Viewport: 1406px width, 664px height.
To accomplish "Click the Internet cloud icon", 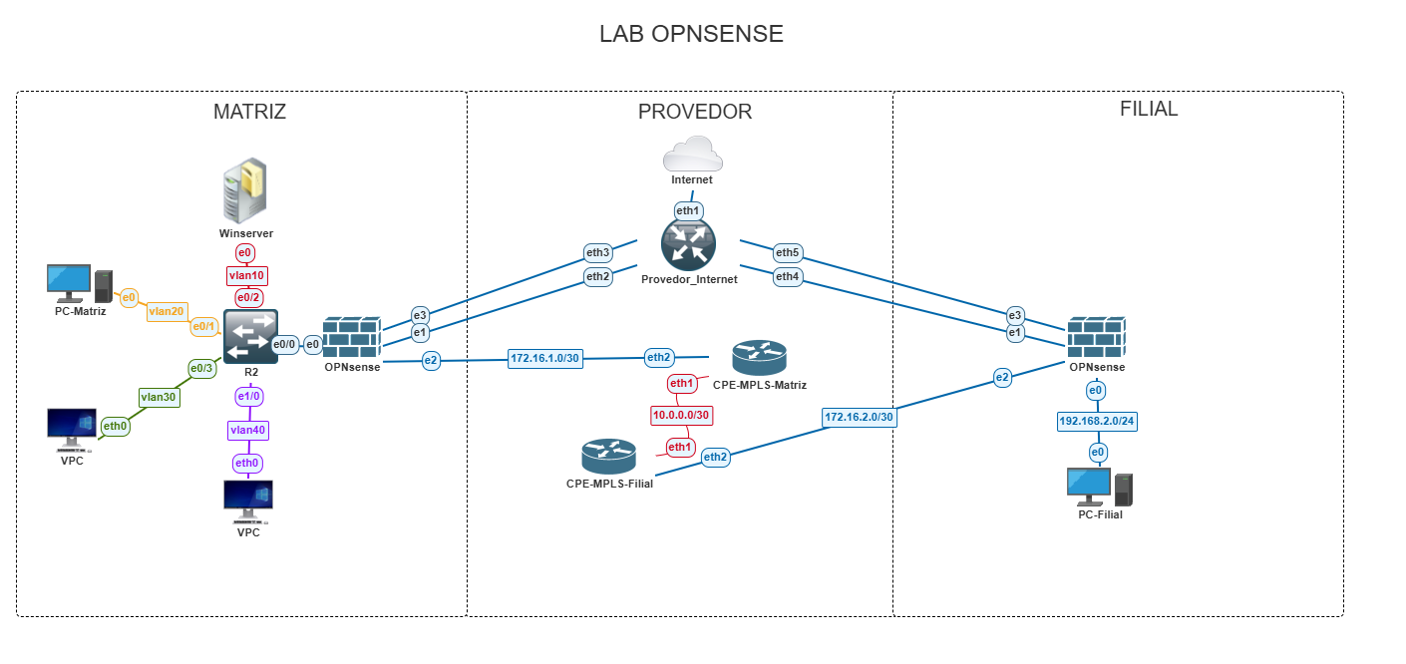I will point(692,154).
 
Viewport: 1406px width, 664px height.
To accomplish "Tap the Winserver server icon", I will point(245,190).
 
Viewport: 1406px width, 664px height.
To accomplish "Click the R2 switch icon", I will point(250,337).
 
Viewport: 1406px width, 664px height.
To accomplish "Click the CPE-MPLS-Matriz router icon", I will point(759,357).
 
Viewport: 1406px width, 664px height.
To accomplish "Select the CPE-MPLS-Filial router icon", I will point(608,457).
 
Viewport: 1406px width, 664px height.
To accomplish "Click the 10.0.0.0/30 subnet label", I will point(681,415).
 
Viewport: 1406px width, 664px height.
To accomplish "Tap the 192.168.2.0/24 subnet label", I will point(1097,421).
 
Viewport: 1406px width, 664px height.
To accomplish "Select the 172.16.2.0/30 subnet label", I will point(859,417).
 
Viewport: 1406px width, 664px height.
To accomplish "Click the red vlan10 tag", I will point(247,276).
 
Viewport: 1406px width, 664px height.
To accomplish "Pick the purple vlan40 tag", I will point(247,430).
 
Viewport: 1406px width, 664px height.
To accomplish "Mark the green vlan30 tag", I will point(159,397).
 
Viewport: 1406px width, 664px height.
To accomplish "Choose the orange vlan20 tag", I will point(166,311).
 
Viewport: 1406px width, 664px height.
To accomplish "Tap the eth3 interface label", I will point(597,252).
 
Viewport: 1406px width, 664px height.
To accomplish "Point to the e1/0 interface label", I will point(248,397).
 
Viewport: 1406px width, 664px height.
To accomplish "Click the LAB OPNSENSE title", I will point(691,34).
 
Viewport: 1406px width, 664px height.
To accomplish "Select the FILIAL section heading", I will point(1149,109).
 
